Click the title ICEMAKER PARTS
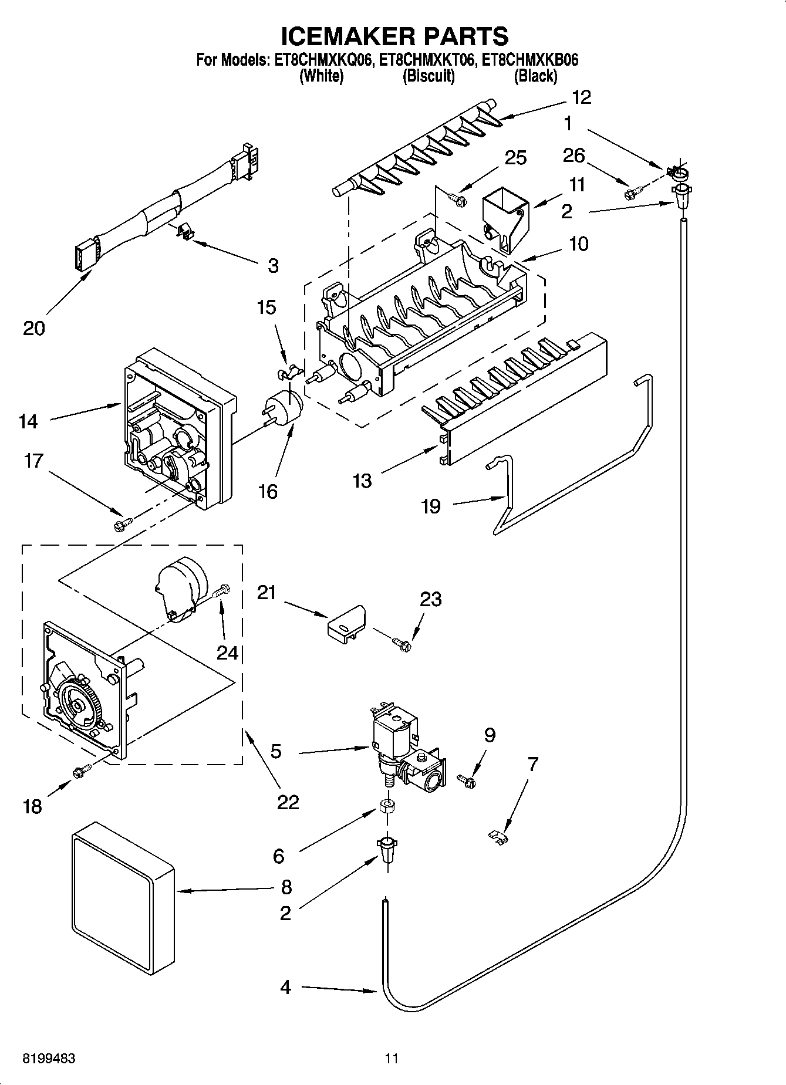tap(394, 36)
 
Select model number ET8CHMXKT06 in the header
tap(429, 60)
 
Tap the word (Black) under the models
tap(535, 76)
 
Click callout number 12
tap(581, 97)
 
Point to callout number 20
tap(34, 328)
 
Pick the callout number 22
tap(288, 802)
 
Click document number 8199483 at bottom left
tap(49, 1059)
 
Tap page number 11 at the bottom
tap(392, 1059)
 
